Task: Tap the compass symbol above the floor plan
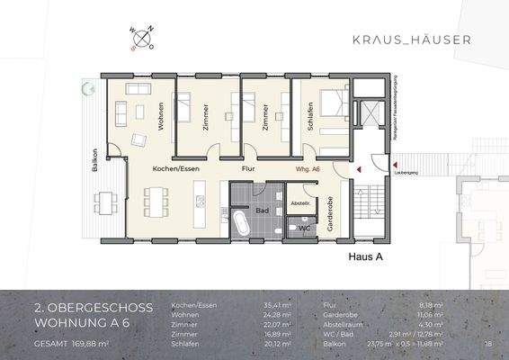coord(142,38)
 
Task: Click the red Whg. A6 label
coord(308,168)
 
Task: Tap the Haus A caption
coord(366,256)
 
